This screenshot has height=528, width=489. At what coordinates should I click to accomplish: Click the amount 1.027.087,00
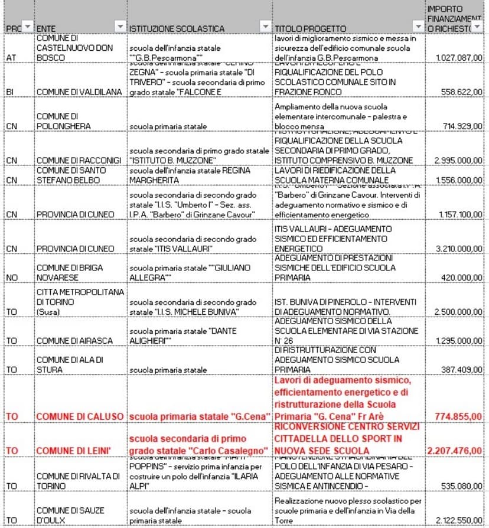click(459, 58)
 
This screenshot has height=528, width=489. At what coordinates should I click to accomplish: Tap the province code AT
click(11, 58)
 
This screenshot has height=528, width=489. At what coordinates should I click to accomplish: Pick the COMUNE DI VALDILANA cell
click(79, 92)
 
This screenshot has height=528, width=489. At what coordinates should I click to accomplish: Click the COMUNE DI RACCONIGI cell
click(79, 161)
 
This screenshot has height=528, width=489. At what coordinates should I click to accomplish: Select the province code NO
click(11, 277)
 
